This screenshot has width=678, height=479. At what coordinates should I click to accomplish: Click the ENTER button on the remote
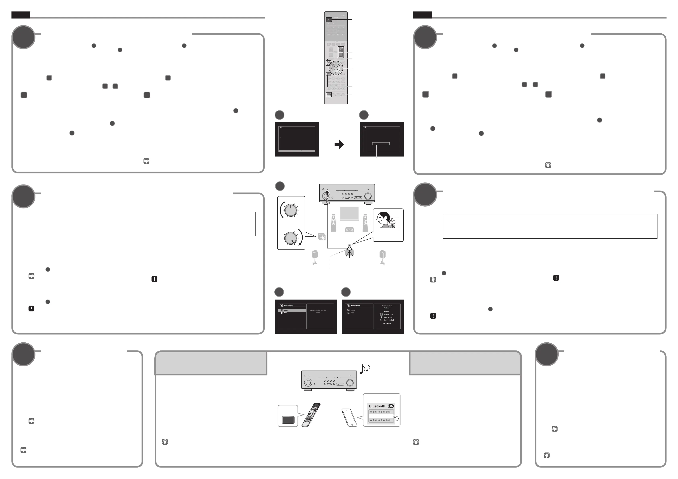336,68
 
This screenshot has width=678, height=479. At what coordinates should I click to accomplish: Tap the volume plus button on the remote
341,49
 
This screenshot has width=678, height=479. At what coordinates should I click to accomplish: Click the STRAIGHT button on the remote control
329,95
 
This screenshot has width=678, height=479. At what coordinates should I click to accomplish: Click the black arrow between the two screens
339,144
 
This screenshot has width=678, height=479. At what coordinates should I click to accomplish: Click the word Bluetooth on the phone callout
377,406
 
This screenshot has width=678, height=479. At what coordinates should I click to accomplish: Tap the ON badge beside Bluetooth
391,406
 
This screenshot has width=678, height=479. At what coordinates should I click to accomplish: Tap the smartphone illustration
349,417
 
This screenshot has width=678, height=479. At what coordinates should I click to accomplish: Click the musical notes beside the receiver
365,369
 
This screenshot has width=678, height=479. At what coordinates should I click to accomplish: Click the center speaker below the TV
349,229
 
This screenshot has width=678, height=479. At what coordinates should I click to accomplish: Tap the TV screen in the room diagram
349,214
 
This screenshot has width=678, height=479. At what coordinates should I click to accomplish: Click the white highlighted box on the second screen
381,144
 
